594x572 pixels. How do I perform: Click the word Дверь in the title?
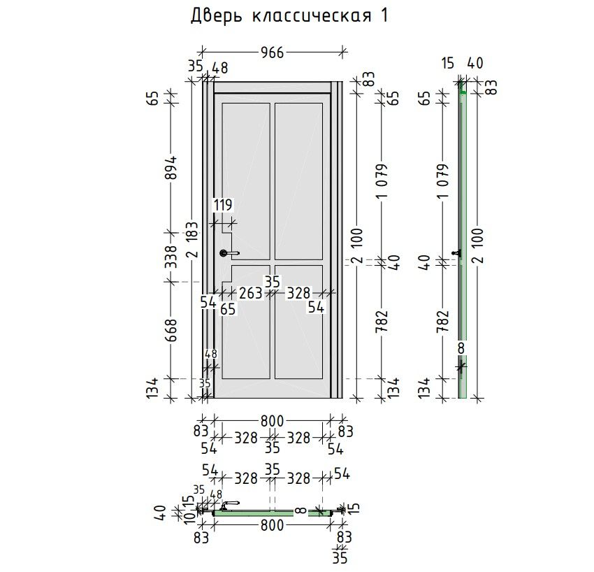[x=216, y=16]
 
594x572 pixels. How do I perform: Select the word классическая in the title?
[x=312, y=16]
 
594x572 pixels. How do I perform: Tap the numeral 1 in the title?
[x=384, y=15]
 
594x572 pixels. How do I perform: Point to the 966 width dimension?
[x=272, y=52]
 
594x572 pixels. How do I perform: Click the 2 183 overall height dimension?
[x=193, y=240]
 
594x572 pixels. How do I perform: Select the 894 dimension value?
[x=171, y=168]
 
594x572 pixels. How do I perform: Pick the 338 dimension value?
[x=171, y=257]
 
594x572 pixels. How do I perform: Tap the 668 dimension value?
[x=171, y=330]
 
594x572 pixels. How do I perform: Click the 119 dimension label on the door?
[x=223, y=205]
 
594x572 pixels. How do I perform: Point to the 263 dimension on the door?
[x=250, y=293]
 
